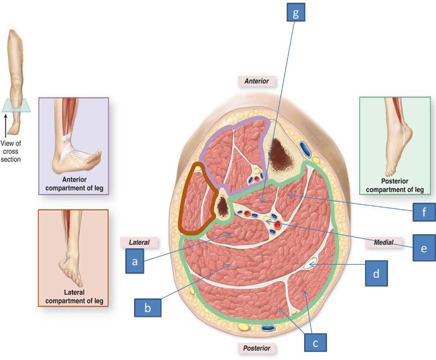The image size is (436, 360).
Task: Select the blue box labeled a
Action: (135, 261)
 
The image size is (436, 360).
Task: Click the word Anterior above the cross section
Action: (257, 81)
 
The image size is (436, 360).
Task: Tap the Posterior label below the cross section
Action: (256, 347)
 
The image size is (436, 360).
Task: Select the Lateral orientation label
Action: (138, 242)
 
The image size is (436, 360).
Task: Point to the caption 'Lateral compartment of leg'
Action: (73, 297)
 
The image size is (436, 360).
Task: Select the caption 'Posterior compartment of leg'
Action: (397, 186)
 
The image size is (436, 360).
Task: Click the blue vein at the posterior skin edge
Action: (268, 328)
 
